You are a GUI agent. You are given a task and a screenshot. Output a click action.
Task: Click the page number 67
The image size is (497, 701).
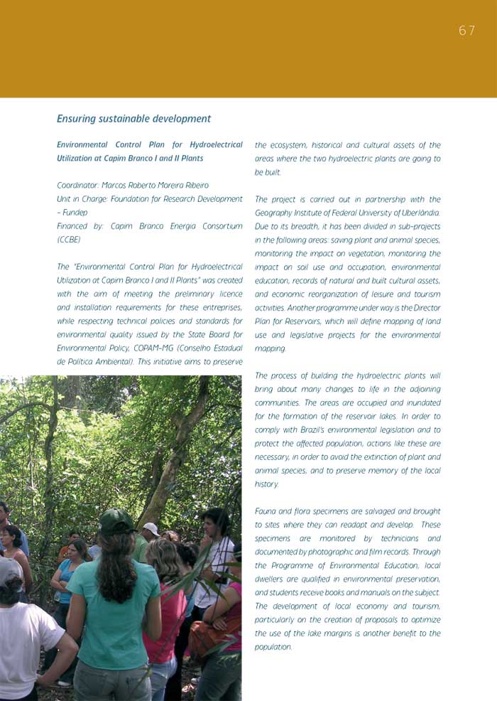466,31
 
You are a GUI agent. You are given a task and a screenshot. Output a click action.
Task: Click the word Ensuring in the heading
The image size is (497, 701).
77,119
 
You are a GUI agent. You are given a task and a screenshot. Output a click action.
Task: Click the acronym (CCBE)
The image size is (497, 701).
69,240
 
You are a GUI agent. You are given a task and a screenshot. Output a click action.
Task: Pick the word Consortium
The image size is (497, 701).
221,226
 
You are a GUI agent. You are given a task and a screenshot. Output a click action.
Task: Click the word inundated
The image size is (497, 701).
418,402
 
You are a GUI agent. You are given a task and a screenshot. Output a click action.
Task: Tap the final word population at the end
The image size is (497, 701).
273,647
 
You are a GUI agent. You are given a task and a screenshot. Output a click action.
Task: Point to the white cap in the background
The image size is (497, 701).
151,528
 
